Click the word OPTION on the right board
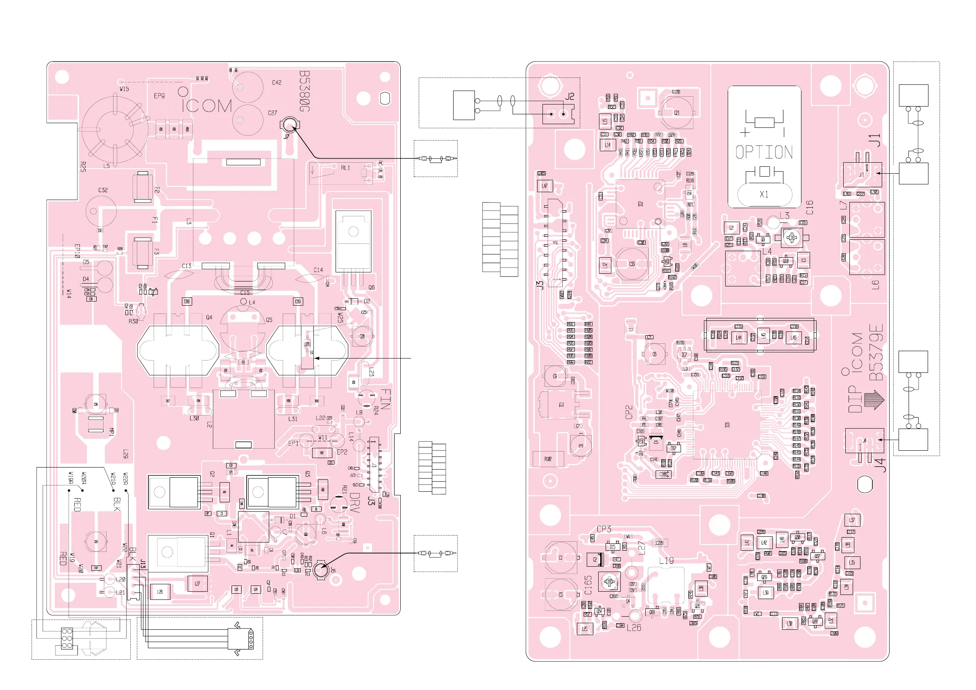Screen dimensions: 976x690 point(764,152)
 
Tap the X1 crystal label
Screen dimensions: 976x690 point(764,194)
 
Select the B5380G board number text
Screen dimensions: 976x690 point(304,91)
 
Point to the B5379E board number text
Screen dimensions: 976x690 point(876,352)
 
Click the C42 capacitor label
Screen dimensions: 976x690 point(277,82)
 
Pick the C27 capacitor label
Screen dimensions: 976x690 point(272,113)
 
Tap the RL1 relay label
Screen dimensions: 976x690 point(345,168)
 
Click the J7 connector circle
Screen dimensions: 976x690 point(290,125)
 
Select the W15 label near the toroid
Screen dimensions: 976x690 point(124,89)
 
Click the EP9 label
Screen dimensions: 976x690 point(159,95)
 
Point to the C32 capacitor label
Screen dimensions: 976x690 point(103,190)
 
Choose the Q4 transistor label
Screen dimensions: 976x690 point(209,317)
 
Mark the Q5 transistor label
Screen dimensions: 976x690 point(269,320)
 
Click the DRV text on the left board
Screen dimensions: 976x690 point(355,502)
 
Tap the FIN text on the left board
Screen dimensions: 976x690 point(385,399)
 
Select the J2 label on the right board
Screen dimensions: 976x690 point(570,97)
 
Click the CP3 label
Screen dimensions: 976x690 point(604,529)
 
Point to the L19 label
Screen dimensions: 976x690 point(666,561)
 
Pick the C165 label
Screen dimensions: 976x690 point(588,585)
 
